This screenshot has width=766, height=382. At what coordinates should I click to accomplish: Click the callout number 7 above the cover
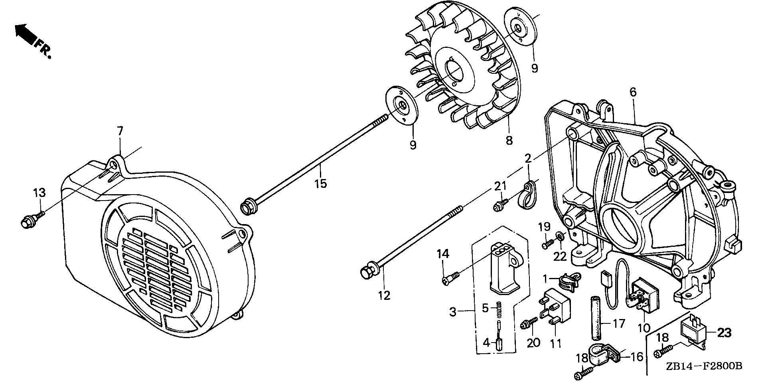click(120, 131)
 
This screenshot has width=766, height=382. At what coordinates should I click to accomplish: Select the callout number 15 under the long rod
click(320, 183)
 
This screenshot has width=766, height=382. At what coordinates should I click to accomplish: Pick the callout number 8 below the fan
click(509, 140)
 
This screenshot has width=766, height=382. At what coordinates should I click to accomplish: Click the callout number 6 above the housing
click(633, 93)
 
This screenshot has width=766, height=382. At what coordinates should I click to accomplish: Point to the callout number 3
click(452, 311)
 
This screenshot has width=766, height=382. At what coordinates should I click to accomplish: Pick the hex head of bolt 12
click(366, 272)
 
